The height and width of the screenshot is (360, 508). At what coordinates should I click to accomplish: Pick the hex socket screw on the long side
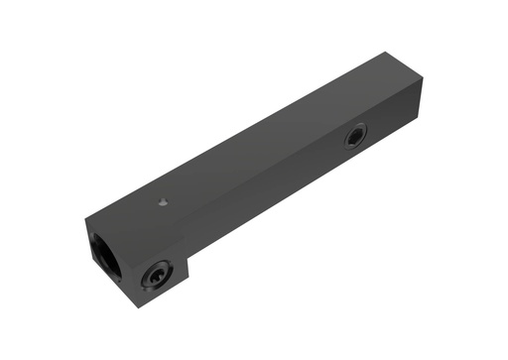click(x=354, y=136)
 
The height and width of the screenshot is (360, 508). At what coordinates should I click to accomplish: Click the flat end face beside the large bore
click(x=94, y=273)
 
